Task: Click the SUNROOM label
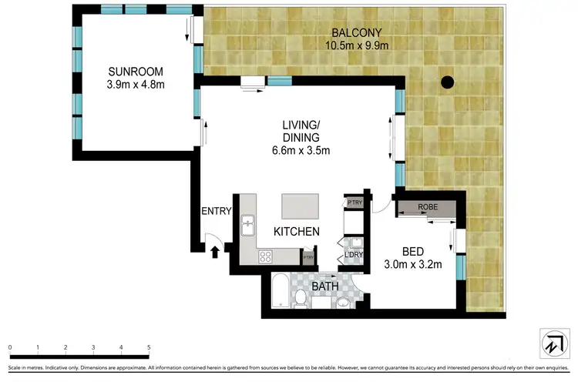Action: pos(136,71)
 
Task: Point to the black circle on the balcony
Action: pos(447,81)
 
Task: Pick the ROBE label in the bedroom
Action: pos(428,207)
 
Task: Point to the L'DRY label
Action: pos(354,256)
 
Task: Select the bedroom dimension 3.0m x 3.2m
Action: pos(412,266)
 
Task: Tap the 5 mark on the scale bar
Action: pos(148,348)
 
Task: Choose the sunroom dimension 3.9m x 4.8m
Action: pos(136,85)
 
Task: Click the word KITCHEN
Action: pos(297,231)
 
